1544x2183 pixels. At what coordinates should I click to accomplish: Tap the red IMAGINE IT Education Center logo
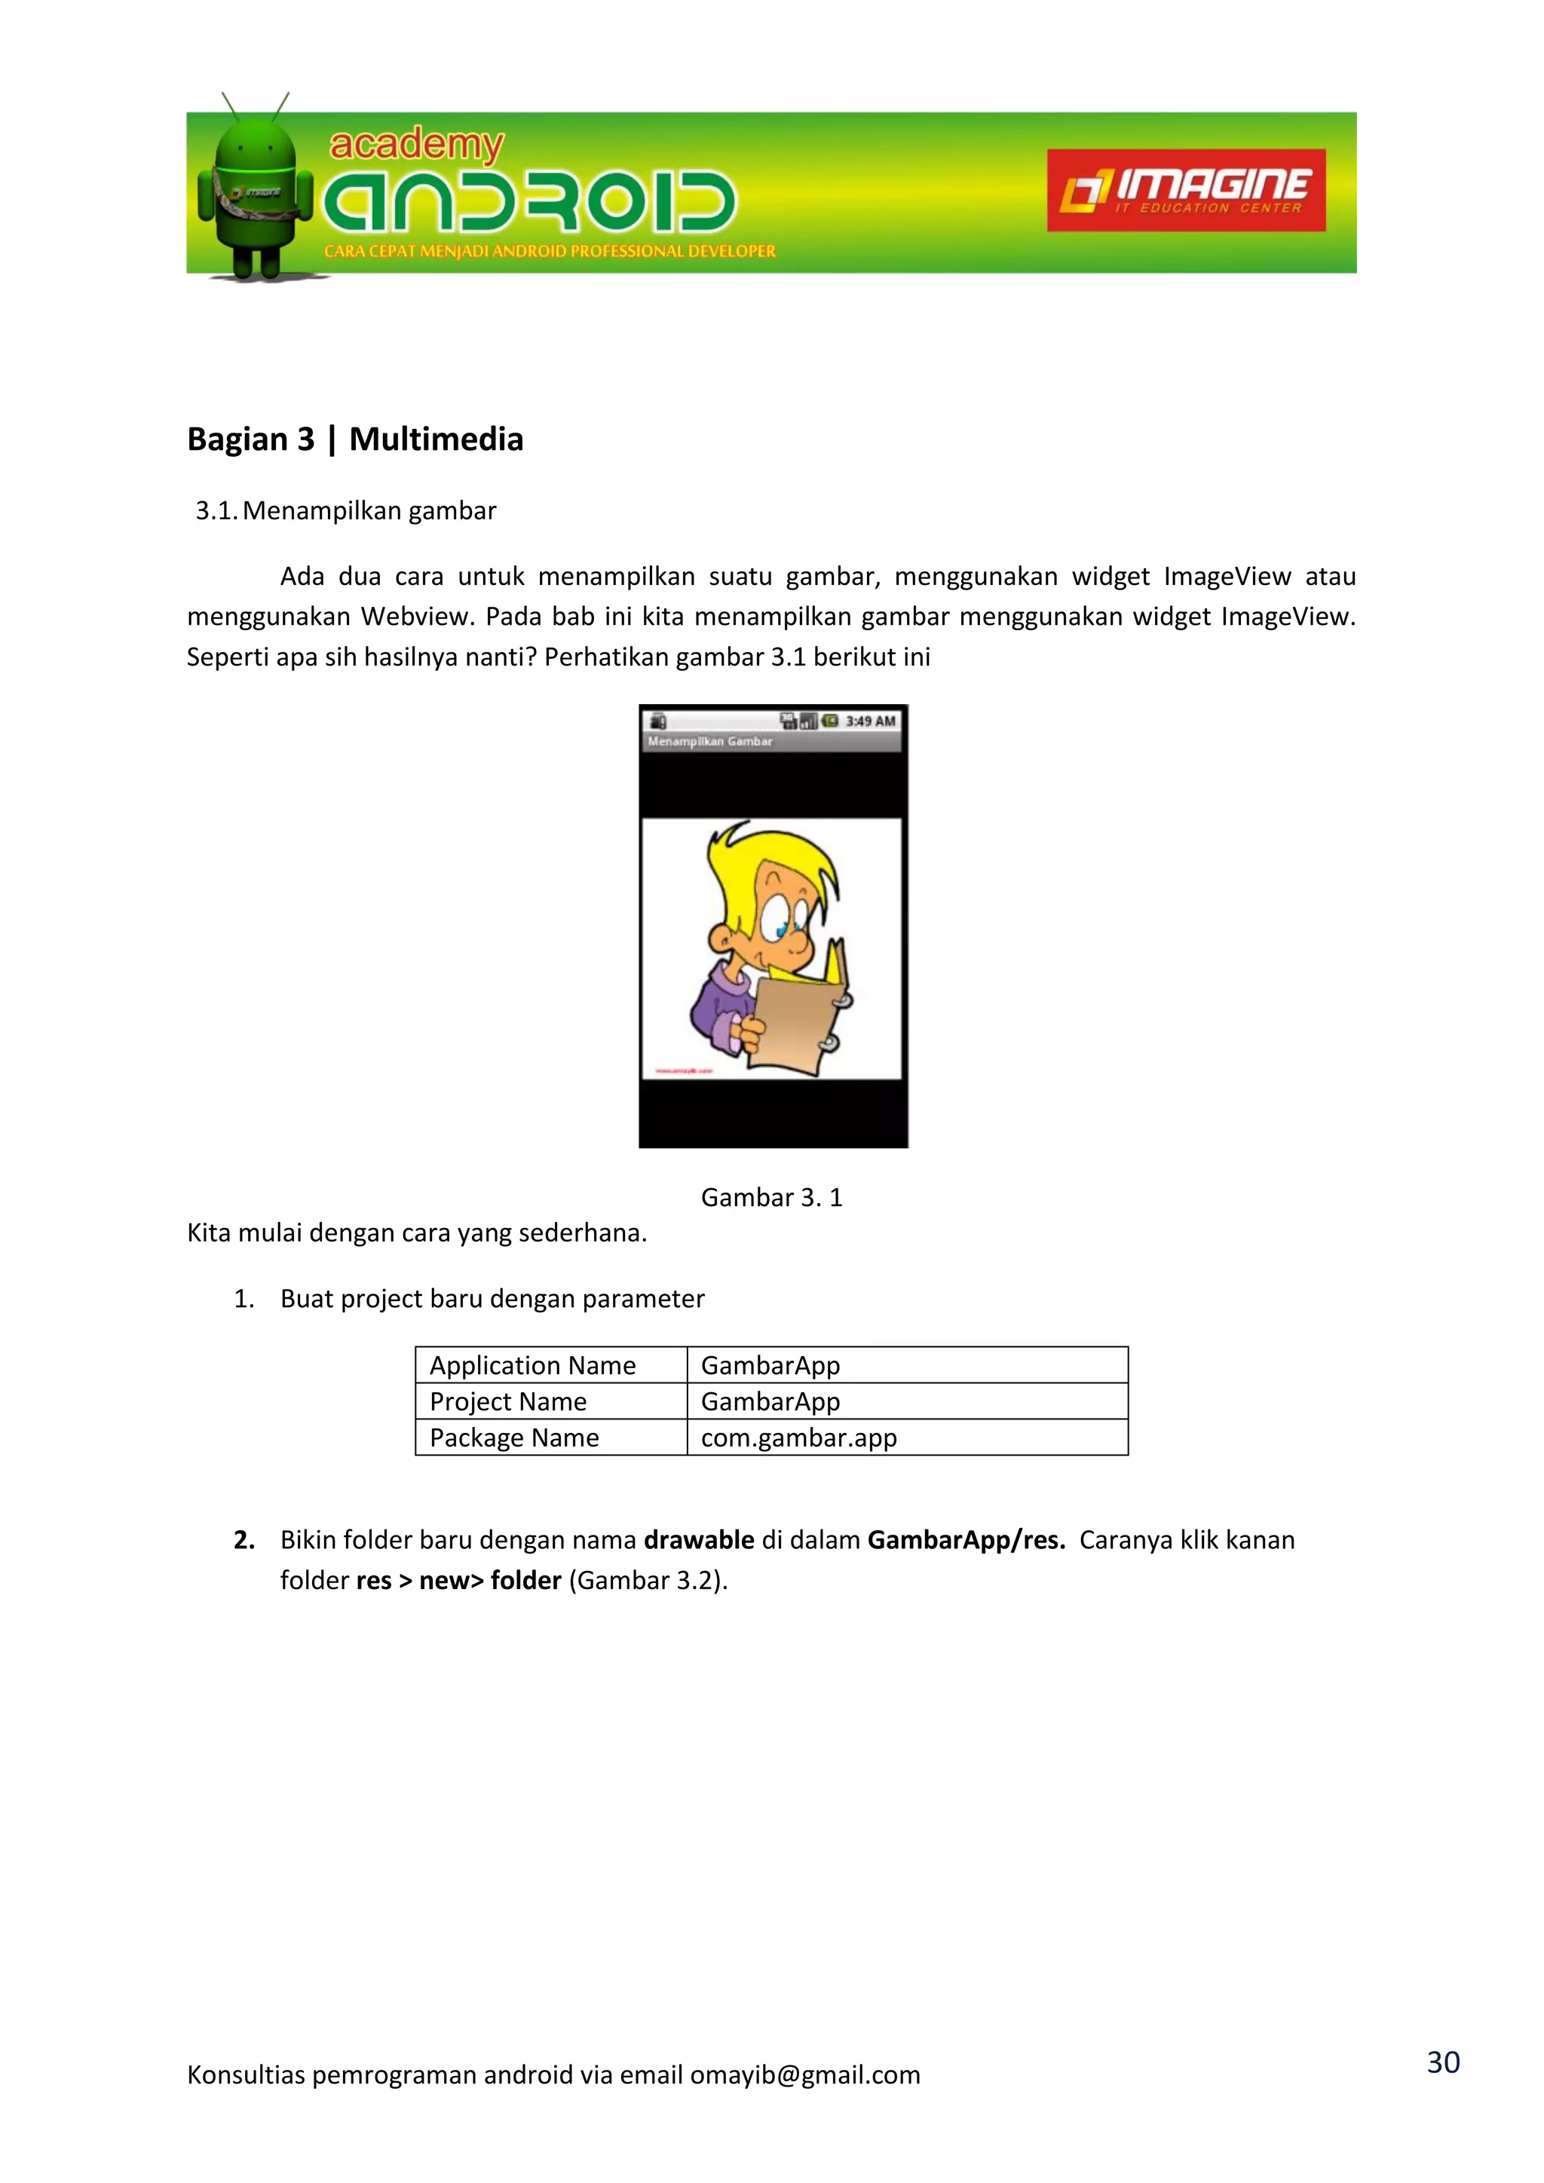(x=1186, y=190)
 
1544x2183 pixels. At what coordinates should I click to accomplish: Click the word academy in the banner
(x=415, y=145)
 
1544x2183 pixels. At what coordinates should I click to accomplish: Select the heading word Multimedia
(x=436, y=439)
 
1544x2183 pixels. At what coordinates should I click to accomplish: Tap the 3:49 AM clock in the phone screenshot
(x=870, y=721)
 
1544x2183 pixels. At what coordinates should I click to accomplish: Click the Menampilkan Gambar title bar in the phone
(x=710, y=742)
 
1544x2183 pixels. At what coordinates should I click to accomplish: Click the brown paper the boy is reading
(x=794, y=1022)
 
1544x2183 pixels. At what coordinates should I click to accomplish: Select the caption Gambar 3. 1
(x=771, y=1198)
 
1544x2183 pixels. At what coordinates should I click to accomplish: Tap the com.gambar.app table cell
(x=798, y=1438)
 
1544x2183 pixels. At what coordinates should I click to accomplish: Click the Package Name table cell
(x=514, y=1438)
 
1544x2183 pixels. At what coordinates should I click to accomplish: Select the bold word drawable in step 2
(x=699, y=1540)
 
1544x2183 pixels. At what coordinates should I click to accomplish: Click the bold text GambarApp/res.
(x=966, y=1540)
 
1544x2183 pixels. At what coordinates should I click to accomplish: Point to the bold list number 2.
(x=244, y=1540)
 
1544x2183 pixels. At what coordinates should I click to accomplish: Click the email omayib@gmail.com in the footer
(x=805, y=2074)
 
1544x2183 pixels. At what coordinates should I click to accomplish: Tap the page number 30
(x=1442, y=2062)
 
